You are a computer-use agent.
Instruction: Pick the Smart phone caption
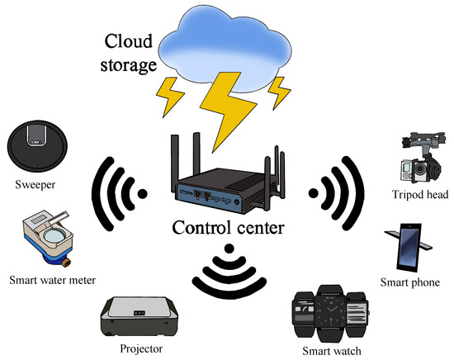pos(409,282)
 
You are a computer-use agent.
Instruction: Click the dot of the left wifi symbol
pos(143,195)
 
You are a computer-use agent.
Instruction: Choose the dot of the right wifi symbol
pos(314,192)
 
